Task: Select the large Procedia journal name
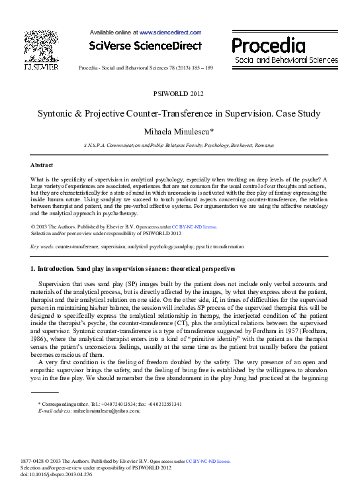click(268, 46)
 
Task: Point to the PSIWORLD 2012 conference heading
click(179, 94)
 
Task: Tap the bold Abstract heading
click(42, 164)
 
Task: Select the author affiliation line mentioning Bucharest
click(179, 144)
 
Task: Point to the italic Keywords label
click(42, 246)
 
